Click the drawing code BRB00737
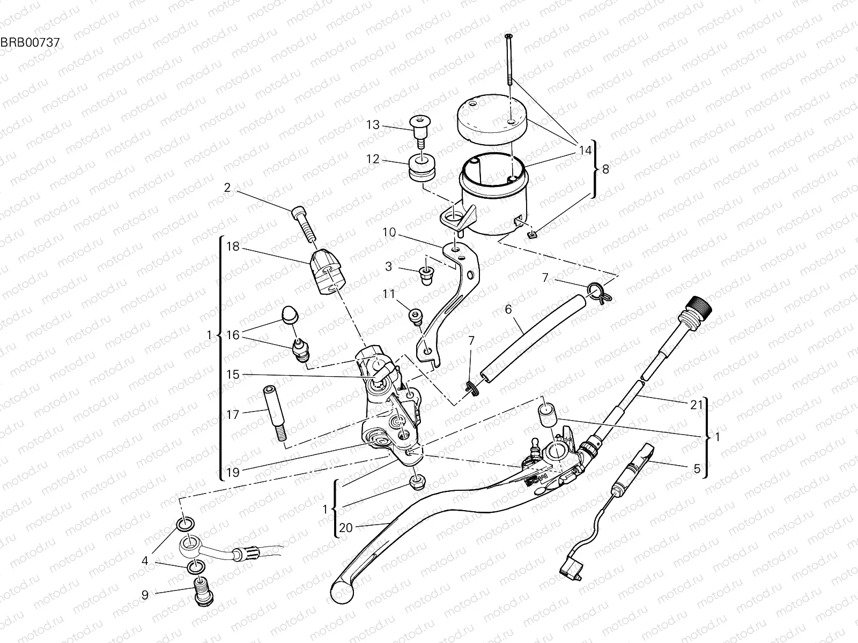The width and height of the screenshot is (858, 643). tap(30, 41)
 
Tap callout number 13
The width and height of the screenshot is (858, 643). tap(388, 125)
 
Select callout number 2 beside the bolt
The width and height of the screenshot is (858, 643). tap(227, 188)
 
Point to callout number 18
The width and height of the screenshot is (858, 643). tap(232, 246)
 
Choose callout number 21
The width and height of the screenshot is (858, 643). tap(696, 406)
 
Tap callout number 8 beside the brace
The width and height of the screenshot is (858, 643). tap(605, 170)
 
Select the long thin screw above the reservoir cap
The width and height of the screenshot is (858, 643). tap(508, 59)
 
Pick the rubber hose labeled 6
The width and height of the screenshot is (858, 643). tap(531, 335)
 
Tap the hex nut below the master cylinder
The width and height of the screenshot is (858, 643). tap(417, 482)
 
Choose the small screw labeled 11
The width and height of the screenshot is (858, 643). tap(416, 318)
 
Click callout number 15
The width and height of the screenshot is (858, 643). tap(232, 374)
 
